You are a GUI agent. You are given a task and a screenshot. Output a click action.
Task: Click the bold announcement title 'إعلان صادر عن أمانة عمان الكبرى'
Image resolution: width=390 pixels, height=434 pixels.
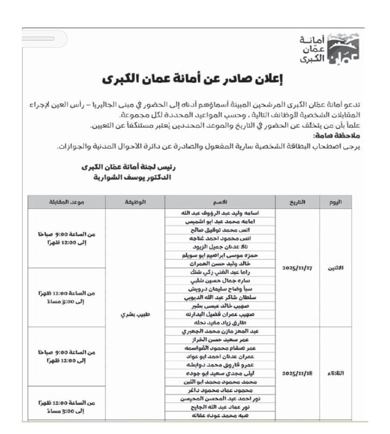coord(193,80)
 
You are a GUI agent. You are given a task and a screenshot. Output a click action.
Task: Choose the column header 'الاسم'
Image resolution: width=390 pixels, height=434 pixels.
coord(221,202)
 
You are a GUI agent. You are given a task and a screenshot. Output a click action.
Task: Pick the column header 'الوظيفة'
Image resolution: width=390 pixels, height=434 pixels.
coord(135,202)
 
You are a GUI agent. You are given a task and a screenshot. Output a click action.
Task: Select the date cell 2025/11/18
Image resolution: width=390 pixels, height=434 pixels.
coord(297,373)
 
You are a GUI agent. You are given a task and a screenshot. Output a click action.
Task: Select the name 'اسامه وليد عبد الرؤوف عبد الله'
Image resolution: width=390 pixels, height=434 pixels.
coord(221,213)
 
